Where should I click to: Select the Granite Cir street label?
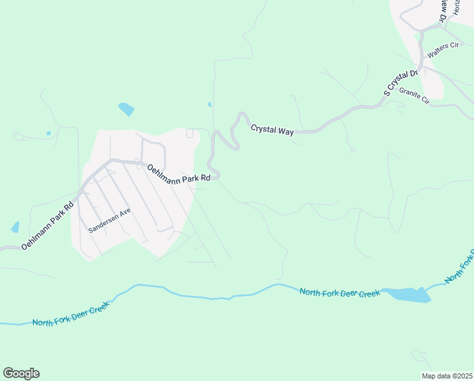click(414, 96)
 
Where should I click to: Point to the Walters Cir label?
click(442, 50)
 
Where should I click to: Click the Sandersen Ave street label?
click(110, 220)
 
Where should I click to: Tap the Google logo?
click(21, 373)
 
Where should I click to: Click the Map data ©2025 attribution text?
click(446, 376)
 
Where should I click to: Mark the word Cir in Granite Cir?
click(424, 100)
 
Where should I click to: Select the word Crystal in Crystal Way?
click(263, 128)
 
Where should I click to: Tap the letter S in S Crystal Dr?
click(386, 94)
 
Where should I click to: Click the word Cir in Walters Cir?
click(454, 46)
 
